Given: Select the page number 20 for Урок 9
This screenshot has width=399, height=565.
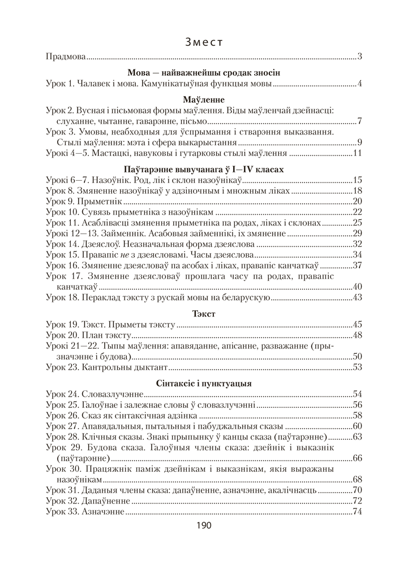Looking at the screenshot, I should [357, 202].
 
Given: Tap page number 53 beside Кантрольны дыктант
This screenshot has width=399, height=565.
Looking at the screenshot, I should [357, 367].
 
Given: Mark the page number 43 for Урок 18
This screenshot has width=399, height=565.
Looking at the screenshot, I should [357, 298].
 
